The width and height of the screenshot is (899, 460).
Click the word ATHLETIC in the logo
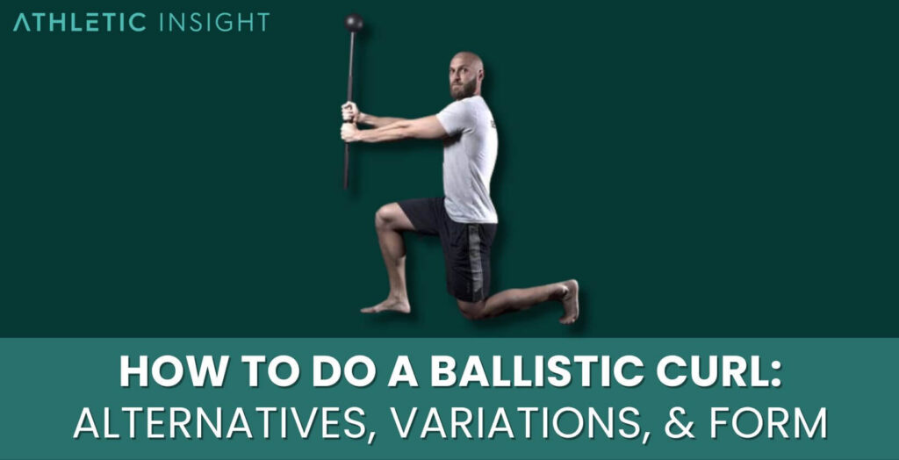click(x=80, y=23)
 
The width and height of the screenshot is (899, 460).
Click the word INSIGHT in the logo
click(x=214, y=23)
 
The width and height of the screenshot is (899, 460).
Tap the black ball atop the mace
click(x=353, y=24)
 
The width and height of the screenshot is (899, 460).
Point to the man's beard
click(x=463, y=89)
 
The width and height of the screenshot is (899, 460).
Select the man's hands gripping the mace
click(x=350, y=122)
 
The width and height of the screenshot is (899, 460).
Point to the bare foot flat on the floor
click(x=385, y=305)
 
